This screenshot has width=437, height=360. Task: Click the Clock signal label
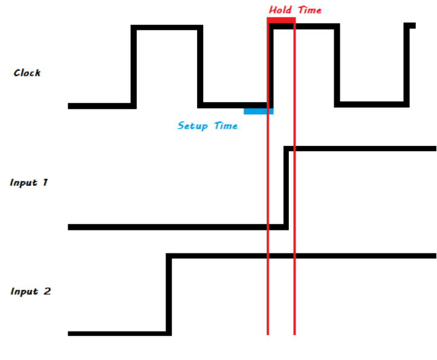click(27, 73)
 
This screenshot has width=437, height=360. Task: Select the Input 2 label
click(31, 291)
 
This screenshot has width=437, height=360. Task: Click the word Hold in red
click(280, 10)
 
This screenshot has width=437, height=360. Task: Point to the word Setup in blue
click(193, 126)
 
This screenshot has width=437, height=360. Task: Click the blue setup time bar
click(258, 111)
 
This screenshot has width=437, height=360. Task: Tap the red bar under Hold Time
click(281, 21)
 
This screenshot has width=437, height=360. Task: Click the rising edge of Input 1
click(286, 188)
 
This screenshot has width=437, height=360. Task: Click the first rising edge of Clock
click(134, 67)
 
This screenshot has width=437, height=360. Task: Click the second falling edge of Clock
click(337, 65)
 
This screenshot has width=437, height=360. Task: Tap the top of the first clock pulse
click(167, 27)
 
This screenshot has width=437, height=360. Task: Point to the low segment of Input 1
click(169, 227)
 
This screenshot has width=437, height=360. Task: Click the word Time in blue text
click(224, 126)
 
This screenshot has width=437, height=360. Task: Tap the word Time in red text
click(308, 10)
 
